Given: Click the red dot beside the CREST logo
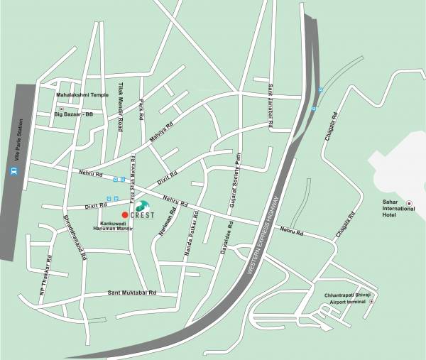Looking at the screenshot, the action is pos(125,214).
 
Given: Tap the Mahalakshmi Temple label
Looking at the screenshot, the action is pos(82,94).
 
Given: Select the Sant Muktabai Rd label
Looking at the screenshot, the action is pos(131,293).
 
